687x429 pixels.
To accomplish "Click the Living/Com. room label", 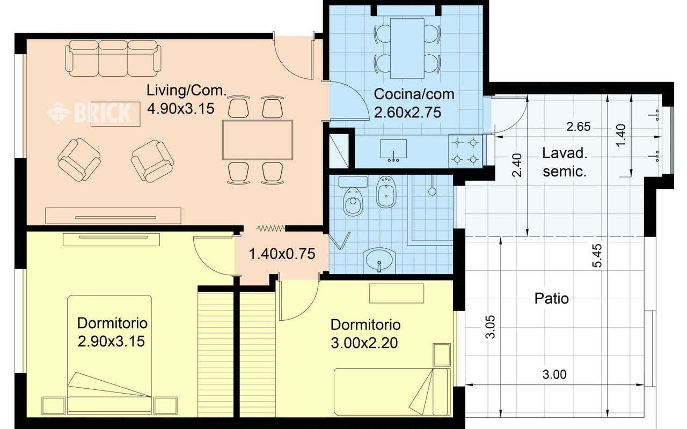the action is click(x=186, y=91).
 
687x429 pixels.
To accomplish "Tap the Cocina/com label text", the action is click(x=414, y=94).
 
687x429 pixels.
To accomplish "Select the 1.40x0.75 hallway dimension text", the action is click(x=282, y=254).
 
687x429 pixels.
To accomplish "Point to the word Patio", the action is click(x=551, y=298).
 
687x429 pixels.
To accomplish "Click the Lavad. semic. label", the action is click(x=565, y=162).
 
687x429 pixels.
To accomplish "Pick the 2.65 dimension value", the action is click(x=579, y=127).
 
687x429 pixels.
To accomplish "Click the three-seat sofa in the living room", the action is click(x=113, y=58).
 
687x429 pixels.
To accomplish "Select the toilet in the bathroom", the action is click(x=353, y=196).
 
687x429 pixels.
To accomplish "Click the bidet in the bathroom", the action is click(x=386, y=191).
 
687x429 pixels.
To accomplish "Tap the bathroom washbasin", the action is click(x=379, y=261).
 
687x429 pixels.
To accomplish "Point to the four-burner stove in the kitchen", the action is click(x=465, y=151).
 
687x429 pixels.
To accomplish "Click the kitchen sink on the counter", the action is click(x=393, y=150).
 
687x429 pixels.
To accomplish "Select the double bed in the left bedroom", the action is click(x=109, y=355).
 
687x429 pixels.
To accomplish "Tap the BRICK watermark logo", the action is click(x=89, y=113).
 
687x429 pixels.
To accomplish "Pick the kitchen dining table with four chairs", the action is click(x=407, y=48).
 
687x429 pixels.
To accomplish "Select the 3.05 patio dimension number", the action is click(x=491, y=327).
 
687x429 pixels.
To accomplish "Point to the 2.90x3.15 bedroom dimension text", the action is click(x=111, y=342).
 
